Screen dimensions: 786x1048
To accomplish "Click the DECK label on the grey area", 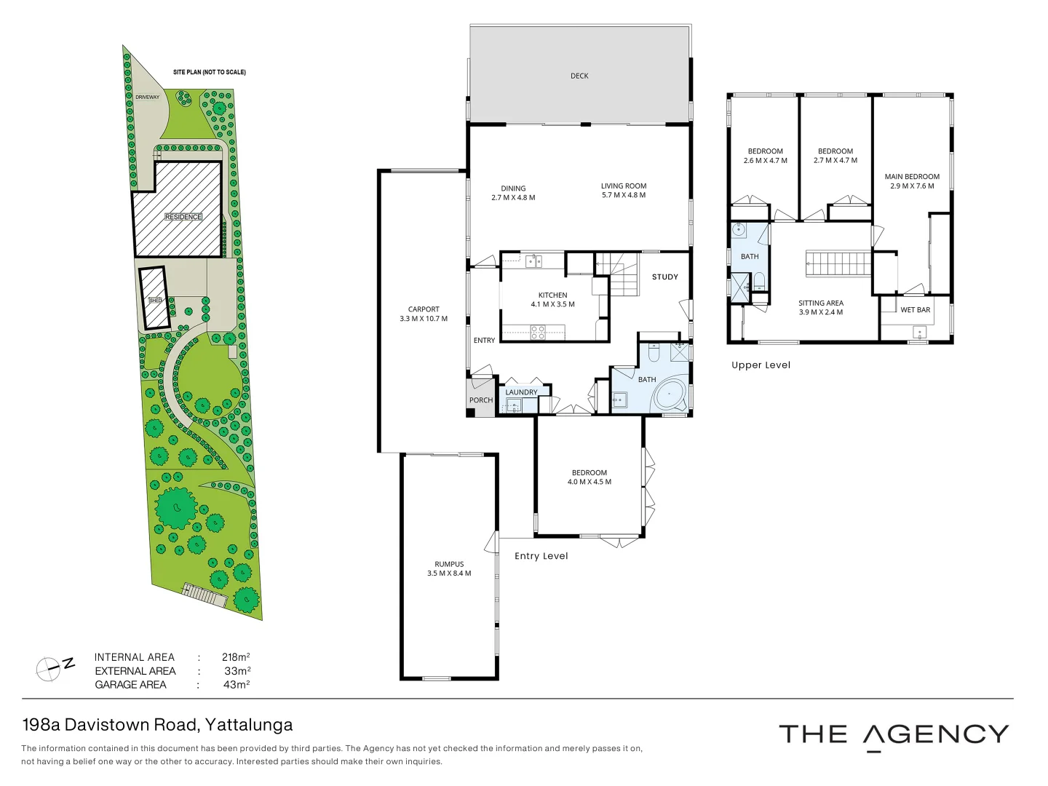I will pyautogui.click(x=579, y=76).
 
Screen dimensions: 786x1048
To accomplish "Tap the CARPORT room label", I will pyautogui.click(x=424, y=309).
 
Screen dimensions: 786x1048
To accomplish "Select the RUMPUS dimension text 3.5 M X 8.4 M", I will pyautogui.click(x=449, y=573).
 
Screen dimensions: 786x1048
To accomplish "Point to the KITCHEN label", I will pyautogui.click(x=552, y=295).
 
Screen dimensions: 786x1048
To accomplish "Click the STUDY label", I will pyautogui.click(x=664, y=277).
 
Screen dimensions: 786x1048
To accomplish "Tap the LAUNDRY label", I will pyautogui.click(x=521, y=392).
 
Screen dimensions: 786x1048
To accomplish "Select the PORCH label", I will pyautogui.click(x=480, y=400).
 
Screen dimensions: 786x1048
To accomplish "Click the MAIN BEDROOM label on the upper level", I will pyautogui.click(x=912, y=177).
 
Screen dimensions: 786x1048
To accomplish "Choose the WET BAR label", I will pyautogui.click(x=915, y=310).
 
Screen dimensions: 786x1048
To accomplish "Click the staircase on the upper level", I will pyautogui.click(x=838, y=263).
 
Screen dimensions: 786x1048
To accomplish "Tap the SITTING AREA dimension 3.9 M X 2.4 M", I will pyautogui.click(x=821, y=312).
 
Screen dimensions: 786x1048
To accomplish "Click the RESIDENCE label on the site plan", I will pyautogui.click(x=183, y=217).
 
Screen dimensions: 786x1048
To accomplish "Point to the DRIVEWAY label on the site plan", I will pyautogui.click(x=147, y=97).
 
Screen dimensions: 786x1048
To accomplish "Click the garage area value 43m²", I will pyautogui.click(x=237, y=685).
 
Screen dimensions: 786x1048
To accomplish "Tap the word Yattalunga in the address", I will pyautogui.click(x=249, y=725).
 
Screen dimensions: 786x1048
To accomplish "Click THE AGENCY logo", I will pyautogui.click(x=894, y=735).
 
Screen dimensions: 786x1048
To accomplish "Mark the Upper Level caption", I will pyautogui.click(x=761, y=365).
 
